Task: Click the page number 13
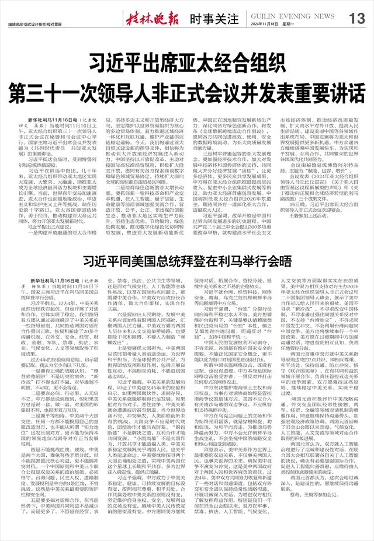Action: [x=355, y=19]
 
